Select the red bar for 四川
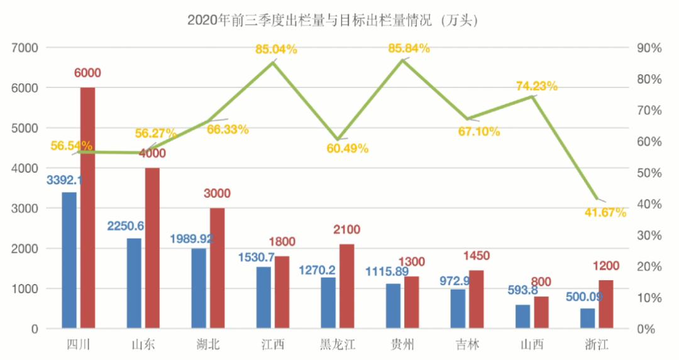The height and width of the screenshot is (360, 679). tap(87, 207)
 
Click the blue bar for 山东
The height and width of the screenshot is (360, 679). tap(134, 283)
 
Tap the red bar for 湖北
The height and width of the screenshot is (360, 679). tap(217, 268)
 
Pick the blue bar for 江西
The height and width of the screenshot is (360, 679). tap(263, 297)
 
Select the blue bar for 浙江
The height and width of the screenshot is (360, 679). tap(587, 318)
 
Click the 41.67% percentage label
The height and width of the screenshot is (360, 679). tap(605, 213)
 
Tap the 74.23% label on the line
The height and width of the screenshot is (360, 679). tap(537, 87)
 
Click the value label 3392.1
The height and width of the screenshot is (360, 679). tap(65, 180)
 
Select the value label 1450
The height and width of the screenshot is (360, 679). tap(476, 256)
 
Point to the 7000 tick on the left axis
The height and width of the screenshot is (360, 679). tap(26, 48)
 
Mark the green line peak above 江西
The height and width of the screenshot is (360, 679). tap(273, 62)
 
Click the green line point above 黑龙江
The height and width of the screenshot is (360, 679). tap(338, 139)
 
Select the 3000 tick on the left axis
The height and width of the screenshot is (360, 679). tap(26, 209)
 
